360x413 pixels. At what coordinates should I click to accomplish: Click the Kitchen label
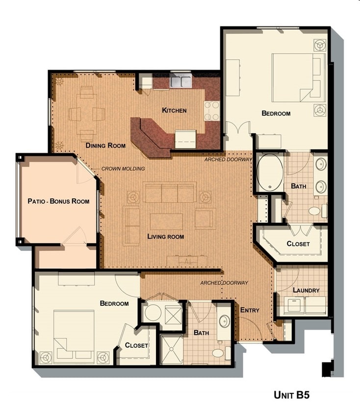coord(174,110)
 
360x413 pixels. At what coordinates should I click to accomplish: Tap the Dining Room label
coord(105,146)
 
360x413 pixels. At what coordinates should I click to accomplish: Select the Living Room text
coord(166,237)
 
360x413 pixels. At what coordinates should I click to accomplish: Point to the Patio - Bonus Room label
coord(58,201)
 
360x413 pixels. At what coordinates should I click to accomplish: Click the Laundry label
coord(306,291)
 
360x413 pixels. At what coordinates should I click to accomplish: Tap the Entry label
coord(250,310)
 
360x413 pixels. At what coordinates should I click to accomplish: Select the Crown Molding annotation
coord(123,169)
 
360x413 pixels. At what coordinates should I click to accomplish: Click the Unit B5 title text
coord(291,394)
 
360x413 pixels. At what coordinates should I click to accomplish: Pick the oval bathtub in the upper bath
coord(270,172)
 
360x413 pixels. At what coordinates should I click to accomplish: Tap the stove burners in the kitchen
coord(212,111)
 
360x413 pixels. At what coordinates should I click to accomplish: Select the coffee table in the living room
coord(166,221)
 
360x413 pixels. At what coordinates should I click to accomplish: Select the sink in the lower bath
coord(224,322)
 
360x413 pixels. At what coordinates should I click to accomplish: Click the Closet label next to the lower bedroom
coord(136,345)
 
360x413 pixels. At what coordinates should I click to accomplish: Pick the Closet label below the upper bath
coord(298,244)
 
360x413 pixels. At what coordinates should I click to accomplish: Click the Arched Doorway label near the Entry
coord(224,283)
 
